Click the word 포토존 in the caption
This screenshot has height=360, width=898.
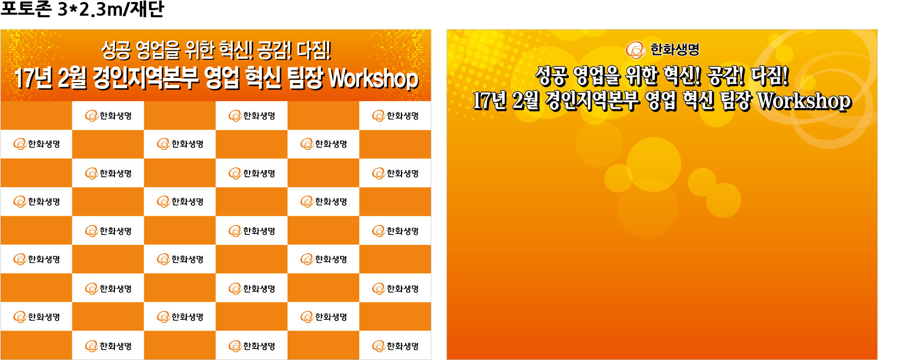click(x=26, y=9)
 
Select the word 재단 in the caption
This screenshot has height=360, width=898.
click(x=147, y=9)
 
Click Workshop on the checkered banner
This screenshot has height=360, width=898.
click(x=374, y=78)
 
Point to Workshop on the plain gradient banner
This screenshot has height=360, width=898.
click(x=804, y=101)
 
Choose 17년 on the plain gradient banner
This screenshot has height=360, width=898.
click(x=489, y=100)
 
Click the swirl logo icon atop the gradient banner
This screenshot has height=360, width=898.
click(x=635, y=50)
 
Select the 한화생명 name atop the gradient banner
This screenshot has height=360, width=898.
click(x=675, y=50)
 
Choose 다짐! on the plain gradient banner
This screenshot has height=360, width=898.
click(x=769, y=76)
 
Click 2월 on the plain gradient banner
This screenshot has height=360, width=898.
click(x=526, y=100)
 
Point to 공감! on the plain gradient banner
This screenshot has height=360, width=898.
click(x=726, y=76)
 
